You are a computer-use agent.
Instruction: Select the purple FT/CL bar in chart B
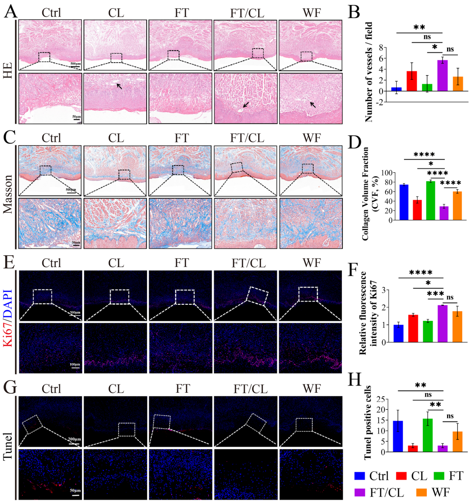click(x=443, y=75)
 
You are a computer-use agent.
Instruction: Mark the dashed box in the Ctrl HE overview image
click(x=44, y=57)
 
